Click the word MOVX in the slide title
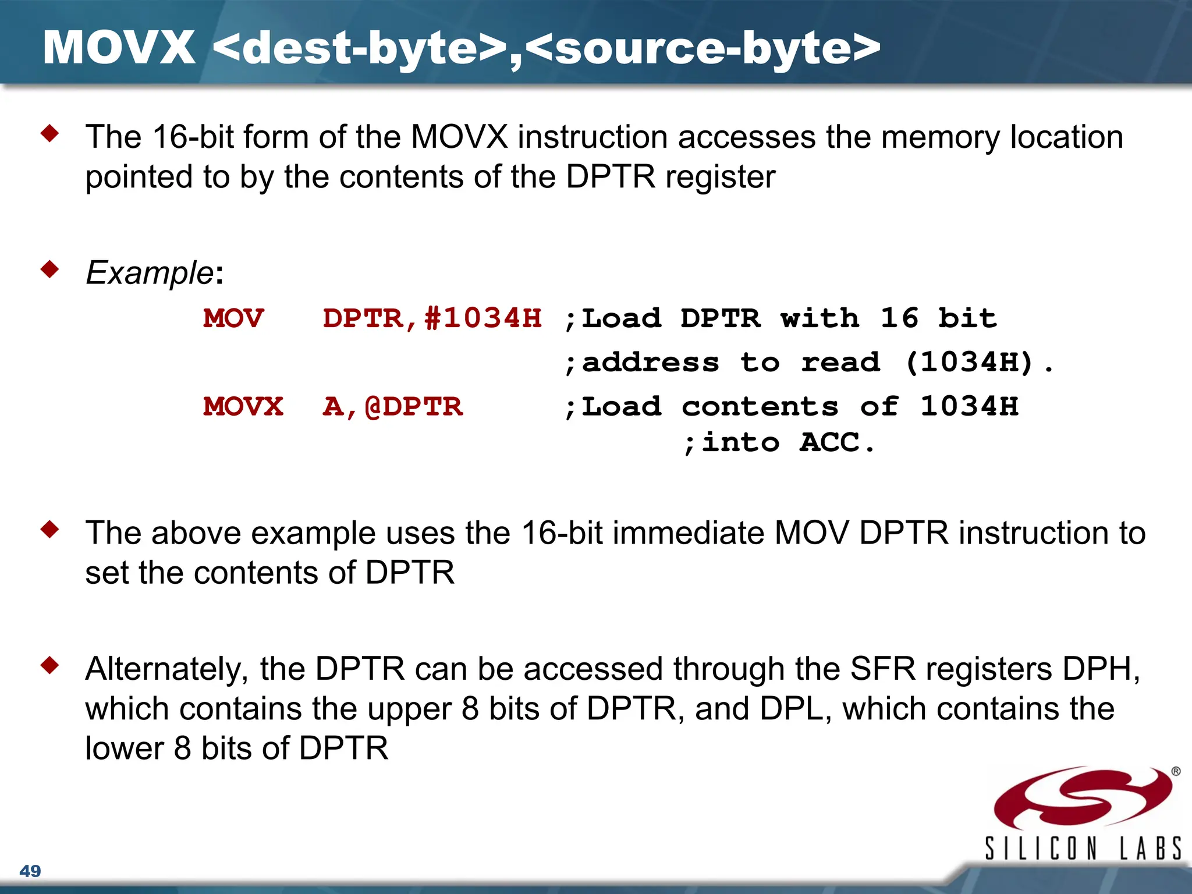tap(119, 48)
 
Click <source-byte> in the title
tap(705, 48)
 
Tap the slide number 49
tap(30, 871)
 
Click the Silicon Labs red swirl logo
tap(1083, 797)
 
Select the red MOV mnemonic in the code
tap(233, 318)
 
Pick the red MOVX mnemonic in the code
tap(243, 406)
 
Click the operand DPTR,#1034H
tap(432, 318)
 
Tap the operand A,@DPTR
tap(393, 406)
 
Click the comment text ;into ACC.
tap(779, 442)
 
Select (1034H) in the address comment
tap(969, 362)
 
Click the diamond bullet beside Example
tap(50, 269)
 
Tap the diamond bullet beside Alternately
tap(50, 665)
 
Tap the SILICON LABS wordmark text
tap(1083, 848)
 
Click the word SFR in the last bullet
tap(882, 669)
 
